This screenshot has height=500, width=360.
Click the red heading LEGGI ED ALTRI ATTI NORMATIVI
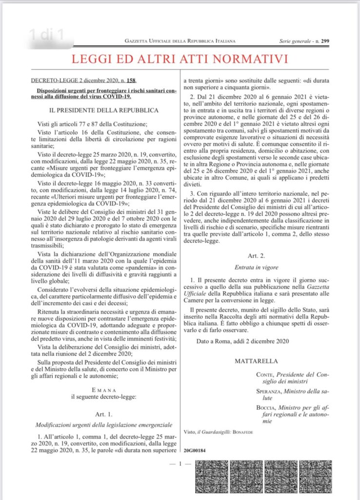[180, 60]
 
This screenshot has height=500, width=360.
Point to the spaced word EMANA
[103, 390]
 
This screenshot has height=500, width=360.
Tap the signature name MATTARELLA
[257, 361]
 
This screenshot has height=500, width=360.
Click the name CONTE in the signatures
[265, 375]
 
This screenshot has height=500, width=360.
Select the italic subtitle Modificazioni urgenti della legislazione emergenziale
[103, 424]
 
